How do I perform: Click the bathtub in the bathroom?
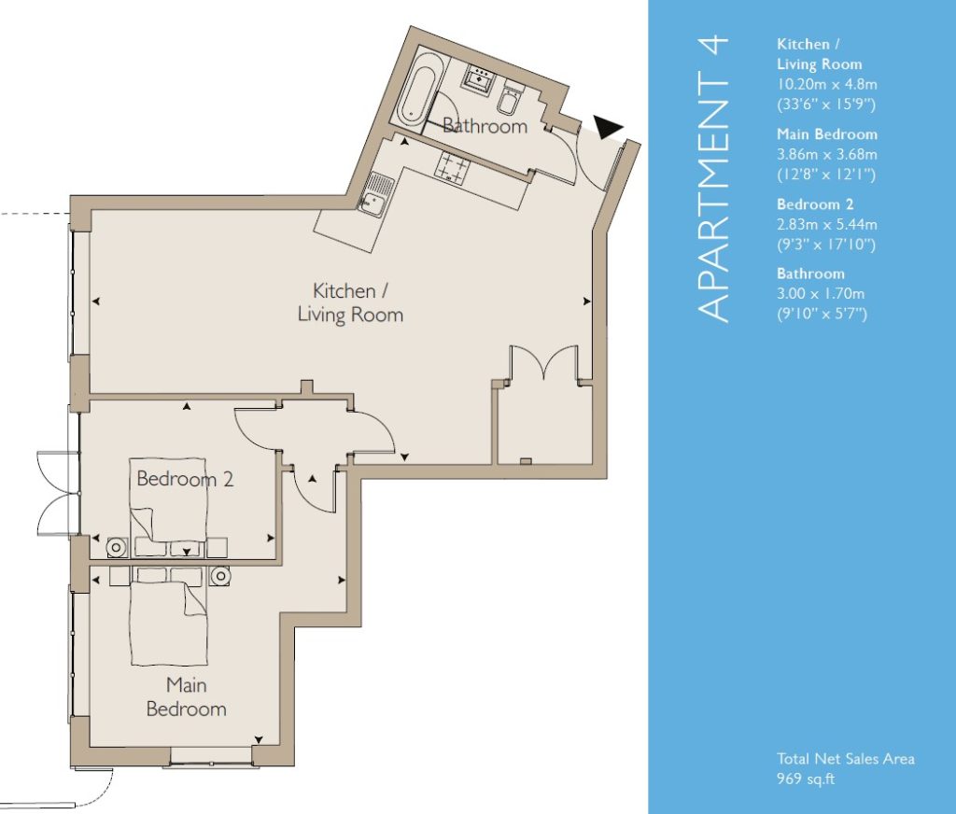[x=416, y=94]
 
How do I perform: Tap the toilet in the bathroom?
[x=509, y=101]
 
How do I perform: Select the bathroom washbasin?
[x=481, y=78]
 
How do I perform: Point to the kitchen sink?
[x=374, y=193]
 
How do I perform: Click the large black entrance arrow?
[x=608, y=127]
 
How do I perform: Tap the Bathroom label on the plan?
[x=485, y=126]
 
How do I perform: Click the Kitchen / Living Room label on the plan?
[x=350, y=302]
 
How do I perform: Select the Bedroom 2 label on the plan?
[x=185, y=479]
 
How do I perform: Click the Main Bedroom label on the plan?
[x=187, y=697]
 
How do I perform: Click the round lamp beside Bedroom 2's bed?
[x=116, y=548]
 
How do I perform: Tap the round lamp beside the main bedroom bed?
[x=220, y=576]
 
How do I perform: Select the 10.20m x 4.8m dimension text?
[x=827, y=84]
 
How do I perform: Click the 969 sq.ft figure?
[x=806, y=779]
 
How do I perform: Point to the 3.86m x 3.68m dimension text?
[x=827, y=154]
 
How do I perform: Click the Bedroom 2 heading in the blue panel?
[x=815, y=204]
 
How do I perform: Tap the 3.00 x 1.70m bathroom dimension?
[x=821, y=294]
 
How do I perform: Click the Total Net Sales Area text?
[x=846, y=759]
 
